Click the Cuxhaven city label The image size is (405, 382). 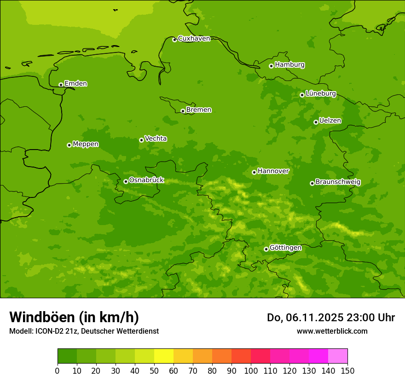pos(194,39)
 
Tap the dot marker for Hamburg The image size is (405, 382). pos(271,66)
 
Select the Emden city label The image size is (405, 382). pos(75,84)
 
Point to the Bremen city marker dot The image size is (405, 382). pos(183,111)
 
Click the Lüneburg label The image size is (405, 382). pos(320,93)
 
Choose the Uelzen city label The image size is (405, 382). pos(330,121)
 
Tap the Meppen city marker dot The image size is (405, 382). pos(69,145)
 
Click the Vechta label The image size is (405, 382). pos(156,139)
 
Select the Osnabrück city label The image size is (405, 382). pos(146,180)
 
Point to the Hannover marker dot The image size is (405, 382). pos(254,172)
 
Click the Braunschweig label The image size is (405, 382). pos(338,182)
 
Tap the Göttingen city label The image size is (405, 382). pos(285,248)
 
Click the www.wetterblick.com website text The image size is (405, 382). pos(332,331)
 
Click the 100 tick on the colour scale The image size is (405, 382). pos(251,370)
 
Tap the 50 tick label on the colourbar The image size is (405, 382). pos(154,370)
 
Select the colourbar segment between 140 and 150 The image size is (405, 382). pos(338,356)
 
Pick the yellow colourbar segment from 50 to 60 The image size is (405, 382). pos(164,356)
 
